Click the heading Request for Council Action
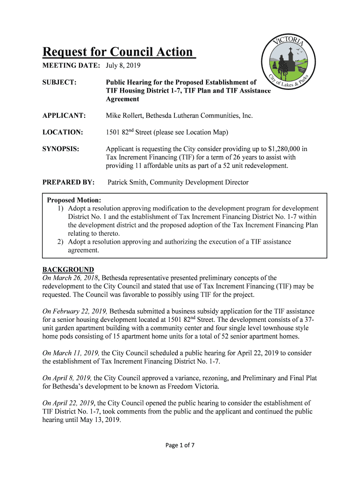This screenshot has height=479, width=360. click(x=118, y=51)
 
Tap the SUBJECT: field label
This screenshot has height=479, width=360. click(x=59, y=82)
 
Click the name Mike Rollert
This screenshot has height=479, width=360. click(x=124, y=116)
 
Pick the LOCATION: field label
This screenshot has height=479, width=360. click(x=63, y=132)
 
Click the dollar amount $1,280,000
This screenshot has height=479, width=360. click(x=285, y=149)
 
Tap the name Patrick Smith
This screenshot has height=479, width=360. click(x=127, y=182)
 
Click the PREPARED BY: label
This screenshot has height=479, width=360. click(x=69, y=182)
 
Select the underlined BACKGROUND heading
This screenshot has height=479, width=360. click(x=68, y=269)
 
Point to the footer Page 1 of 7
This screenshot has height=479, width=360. click(x=180, y=445)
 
